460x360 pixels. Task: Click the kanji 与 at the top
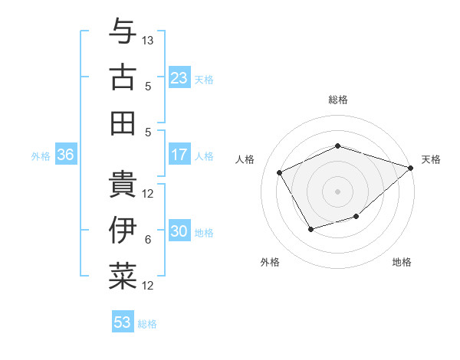(x=123, y=31)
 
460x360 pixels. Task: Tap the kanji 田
(x=123, y=122)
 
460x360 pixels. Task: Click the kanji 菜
(x=123, y=275)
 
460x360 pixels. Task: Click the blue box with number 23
(x=179, y=77)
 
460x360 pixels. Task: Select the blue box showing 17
(x=179, y=155)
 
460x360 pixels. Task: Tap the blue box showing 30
(x=179, y=232)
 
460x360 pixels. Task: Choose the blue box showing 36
(x=66, y=155)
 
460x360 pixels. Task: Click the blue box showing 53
(x=123, y=322)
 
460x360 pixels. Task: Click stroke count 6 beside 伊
(x=148, y=240)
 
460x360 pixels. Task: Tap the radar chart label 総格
(x=338, y=100)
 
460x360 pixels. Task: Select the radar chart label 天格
(x=431, y=159)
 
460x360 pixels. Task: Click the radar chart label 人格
(x=245, y=159)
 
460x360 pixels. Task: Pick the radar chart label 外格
(x=270, y=262)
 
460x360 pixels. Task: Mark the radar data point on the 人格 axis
(x=280, y=172)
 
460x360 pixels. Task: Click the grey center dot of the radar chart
(x=338, y=191)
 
